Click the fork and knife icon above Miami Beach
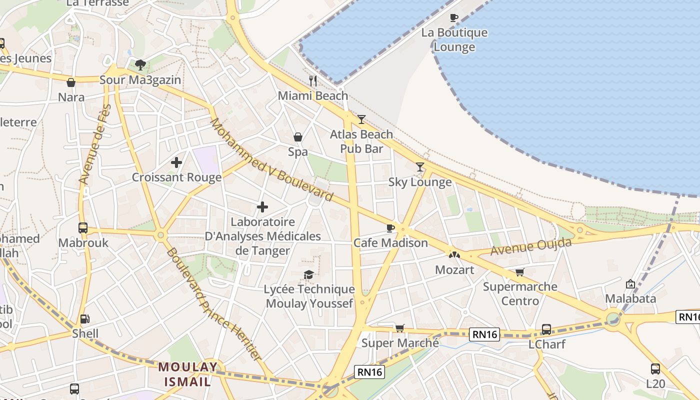click(313, 80)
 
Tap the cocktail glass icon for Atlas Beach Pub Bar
click(361, 119)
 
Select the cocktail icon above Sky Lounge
click(420, 167)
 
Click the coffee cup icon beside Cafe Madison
click(390, 228)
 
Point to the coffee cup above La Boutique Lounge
click(454, 17)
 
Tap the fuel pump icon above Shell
click(85, 318)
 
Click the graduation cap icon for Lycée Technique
click(309, 274)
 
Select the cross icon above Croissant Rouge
click(176, 162)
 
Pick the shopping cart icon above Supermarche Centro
click(520, 272)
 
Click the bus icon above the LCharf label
click(546, 329)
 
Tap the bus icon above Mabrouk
click(83, 228)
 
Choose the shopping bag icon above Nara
click(71, 82)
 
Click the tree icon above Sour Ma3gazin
click(140, 64)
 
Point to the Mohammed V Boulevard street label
click(271, 159)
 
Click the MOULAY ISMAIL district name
click(188, 374)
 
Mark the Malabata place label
click(630, 298)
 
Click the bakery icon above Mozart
click(454, 255)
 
